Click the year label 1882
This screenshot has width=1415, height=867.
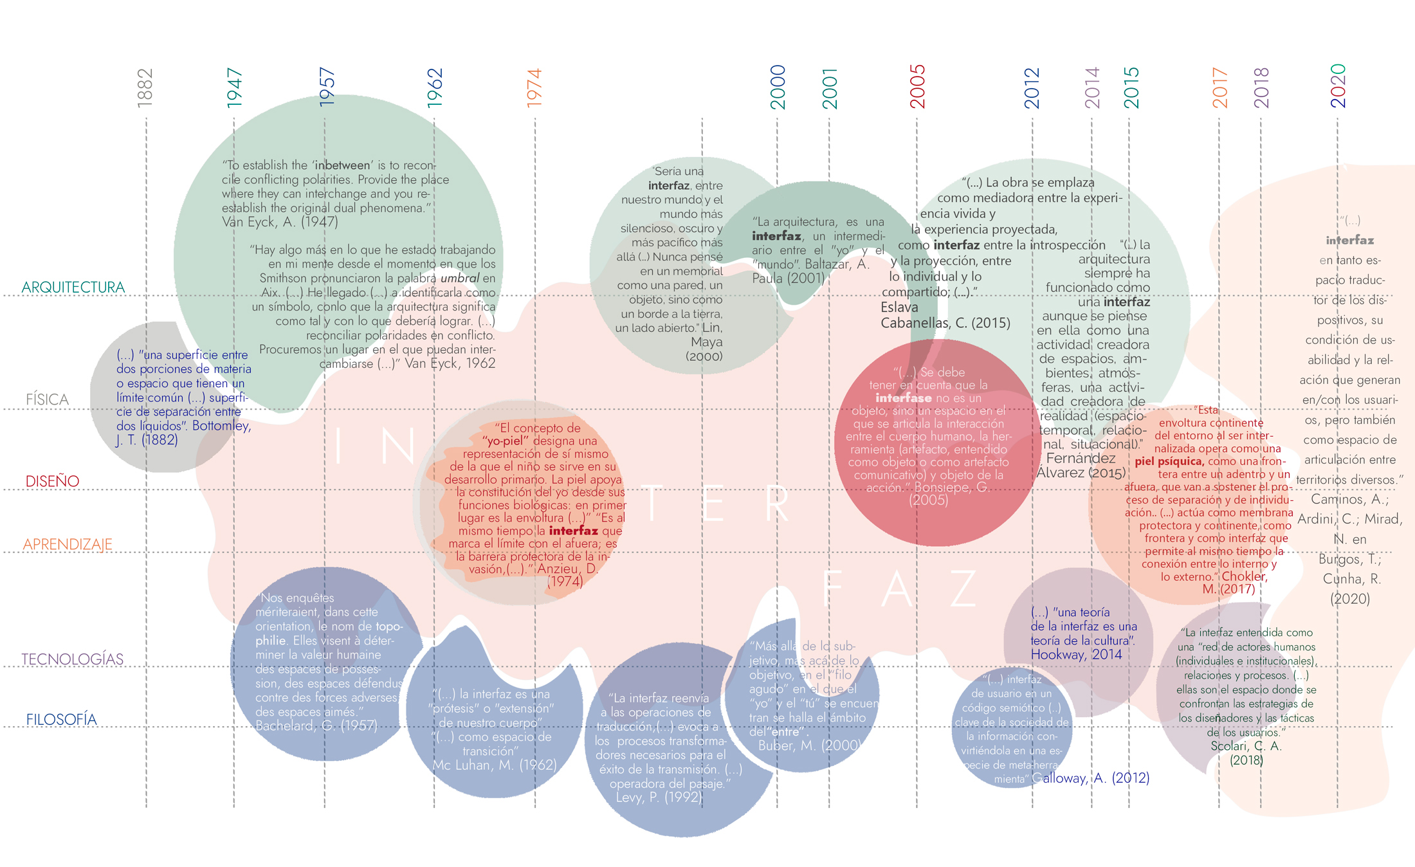pos(145,87)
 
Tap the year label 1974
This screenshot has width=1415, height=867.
pos(534,87)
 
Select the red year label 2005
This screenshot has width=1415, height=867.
pos(917,86)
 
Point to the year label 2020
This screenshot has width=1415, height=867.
pos(1338,86)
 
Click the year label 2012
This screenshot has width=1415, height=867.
pos(1032,87)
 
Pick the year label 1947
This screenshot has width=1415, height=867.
pos(234,87)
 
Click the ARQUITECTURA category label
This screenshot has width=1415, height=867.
pos(73,287)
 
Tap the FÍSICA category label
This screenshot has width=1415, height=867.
pos(47,399)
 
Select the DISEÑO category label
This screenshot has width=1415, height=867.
pos(52,481)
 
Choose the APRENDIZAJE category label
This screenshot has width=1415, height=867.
pos(68,545)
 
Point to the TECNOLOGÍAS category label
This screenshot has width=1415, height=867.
pos(72,659)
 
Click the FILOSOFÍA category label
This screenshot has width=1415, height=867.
pos(61,720)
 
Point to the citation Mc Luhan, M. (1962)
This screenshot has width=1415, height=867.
pos(494,765)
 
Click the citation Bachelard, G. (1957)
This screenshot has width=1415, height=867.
pos(316,726)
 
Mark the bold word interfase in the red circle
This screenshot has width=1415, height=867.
pos(902,398)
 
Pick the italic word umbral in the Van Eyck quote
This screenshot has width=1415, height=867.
pos(459,278)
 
